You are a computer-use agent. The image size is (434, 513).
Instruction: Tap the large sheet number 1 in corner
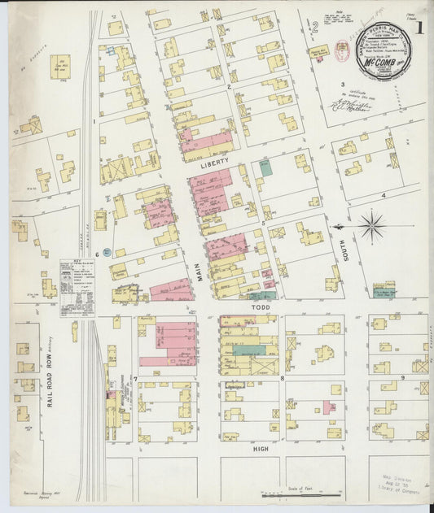418,27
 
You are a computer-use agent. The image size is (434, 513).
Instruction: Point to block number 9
402,378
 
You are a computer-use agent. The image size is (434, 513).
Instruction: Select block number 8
282,378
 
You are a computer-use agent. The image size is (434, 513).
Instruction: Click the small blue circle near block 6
107,252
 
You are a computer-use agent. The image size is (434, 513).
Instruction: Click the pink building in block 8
330,405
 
